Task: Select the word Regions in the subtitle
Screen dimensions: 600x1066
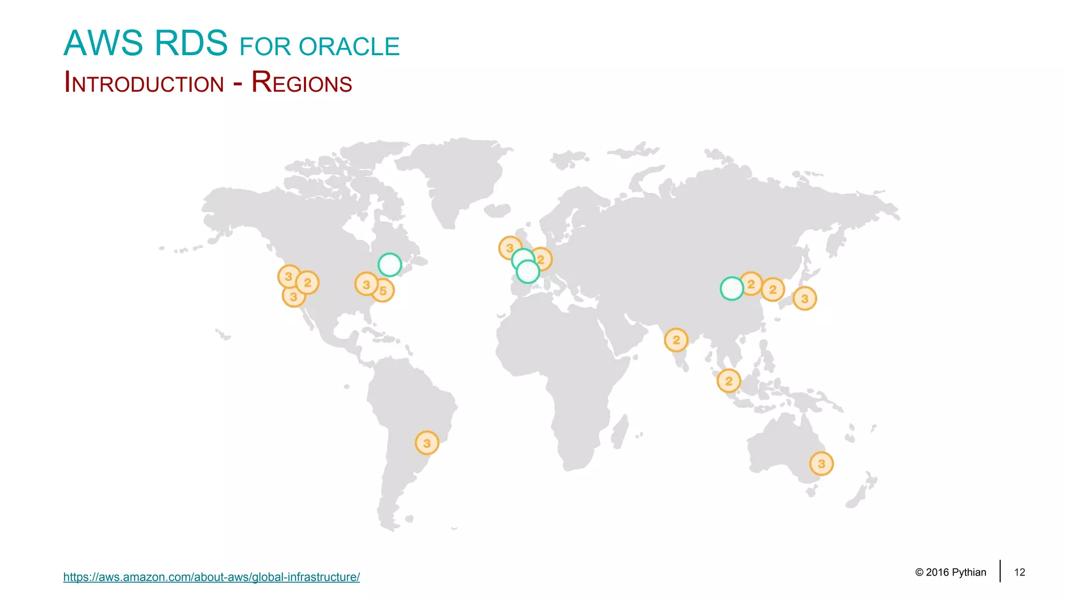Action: (x=301, y=82)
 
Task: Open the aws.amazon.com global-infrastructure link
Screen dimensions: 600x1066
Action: (x=211, y=577)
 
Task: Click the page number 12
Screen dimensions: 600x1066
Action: (x=1019, y=572)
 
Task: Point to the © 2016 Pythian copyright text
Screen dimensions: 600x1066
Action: (x=950, y=572)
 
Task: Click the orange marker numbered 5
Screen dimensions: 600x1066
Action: (x=384, y=291)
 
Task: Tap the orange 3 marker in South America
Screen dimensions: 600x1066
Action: (x=427, y=443)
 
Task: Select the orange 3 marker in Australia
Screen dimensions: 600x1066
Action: (x=821, y=464)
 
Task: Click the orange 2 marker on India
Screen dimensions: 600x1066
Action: (x=676, y=340)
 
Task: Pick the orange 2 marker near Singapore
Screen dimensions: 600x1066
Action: (x=729, y=381)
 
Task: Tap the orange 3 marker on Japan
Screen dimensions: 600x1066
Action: (x=805, y=298)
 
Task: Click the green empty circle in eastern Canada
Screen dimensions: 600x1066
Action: (x=389, y=265)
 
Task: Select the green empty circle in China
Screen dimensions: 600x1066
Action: (x=731, y=289)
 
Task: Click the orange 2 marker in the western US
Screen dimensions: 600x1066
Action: (x=308, y=283)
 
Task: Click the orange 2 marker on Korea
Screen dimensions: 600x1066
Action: (x=773, y=290)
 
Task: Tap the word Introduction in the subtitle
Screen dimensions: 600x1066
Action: (x=144, y=83)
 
